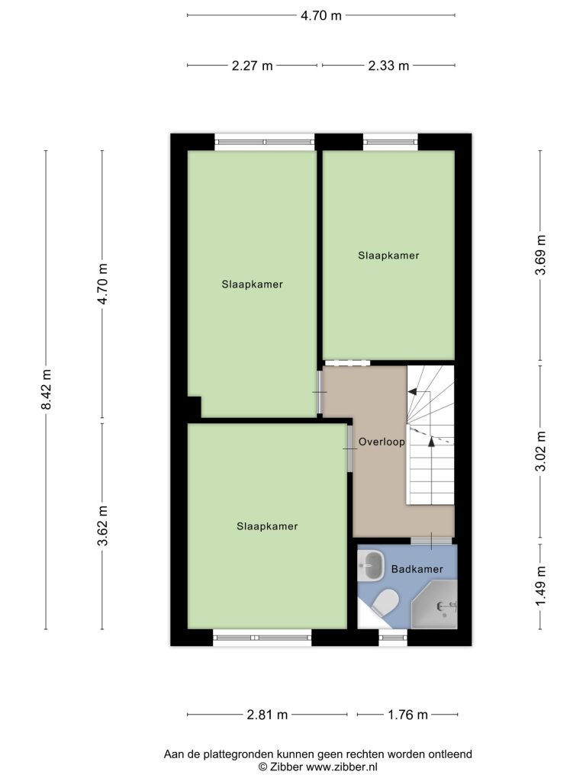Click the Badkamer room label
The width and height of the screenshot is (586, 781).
pos(417,569)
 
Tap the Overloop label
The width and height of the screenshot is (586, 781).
pos(382,442)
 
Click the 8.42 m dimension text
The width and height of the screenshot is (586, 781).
pos(46,389)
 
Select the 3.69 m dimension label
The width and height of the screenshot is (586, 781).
pos(541,255)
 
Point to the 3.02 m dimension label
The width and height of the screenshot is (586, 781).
pos(541,452)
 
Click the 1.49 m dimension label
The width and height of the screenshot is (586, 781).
pos(541,587)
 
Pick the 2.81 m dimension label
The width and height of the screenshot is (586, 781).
pos(267,715)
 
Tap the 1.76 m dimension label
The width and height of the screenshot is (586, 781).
pos(407,715)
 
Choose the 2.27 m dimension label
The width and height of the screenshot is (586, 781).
pos(252,66)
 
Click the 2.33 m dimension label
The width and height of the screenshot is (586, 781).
pos(388,66)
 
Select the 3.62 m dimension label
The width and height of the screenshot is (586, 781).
pos(103,525)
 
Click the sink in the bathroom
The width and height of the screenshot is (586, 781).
pos(371,565)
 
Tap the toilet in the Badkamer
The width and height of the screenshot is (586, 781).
pos(385,603)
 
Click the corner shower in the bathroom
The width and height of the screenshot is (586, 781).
pos(434,605)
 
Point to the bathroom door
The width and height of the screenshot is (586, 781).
pos(432,541)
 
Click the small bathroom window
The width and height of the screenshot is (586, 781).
pos(393,637)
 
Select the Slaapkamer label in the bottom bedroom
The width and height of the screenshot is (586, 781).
pos(267,526)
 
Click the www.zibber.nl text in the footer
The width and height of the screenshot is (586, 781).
pos(341,767)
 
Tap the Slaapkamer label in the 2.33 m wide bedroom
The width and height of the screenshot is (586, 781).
pos(388,256)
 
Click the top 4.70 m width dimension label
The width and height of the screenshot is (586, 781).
pos(321,15)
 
